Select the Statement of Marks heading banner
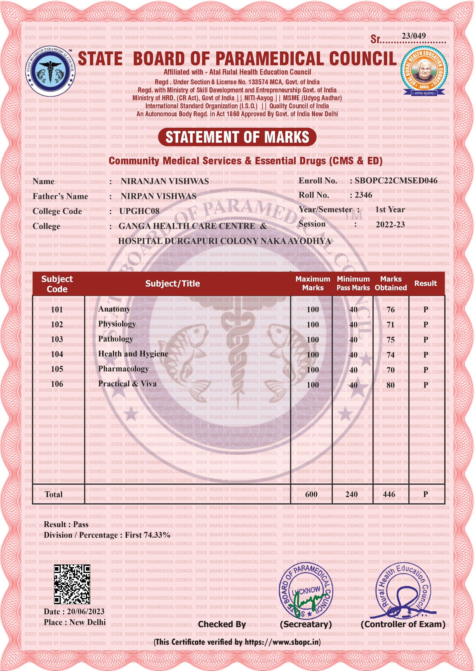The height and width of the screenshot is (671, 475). pos(237,137)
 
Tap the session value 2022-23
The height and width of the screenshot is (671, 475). pos(390,224)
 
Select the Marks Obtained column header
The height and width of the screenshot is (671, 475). pos(391,283)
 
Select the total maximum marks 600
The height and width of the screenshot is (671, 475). pos(311,494)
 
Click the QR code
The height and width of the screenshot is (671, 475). pos(72,584)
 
